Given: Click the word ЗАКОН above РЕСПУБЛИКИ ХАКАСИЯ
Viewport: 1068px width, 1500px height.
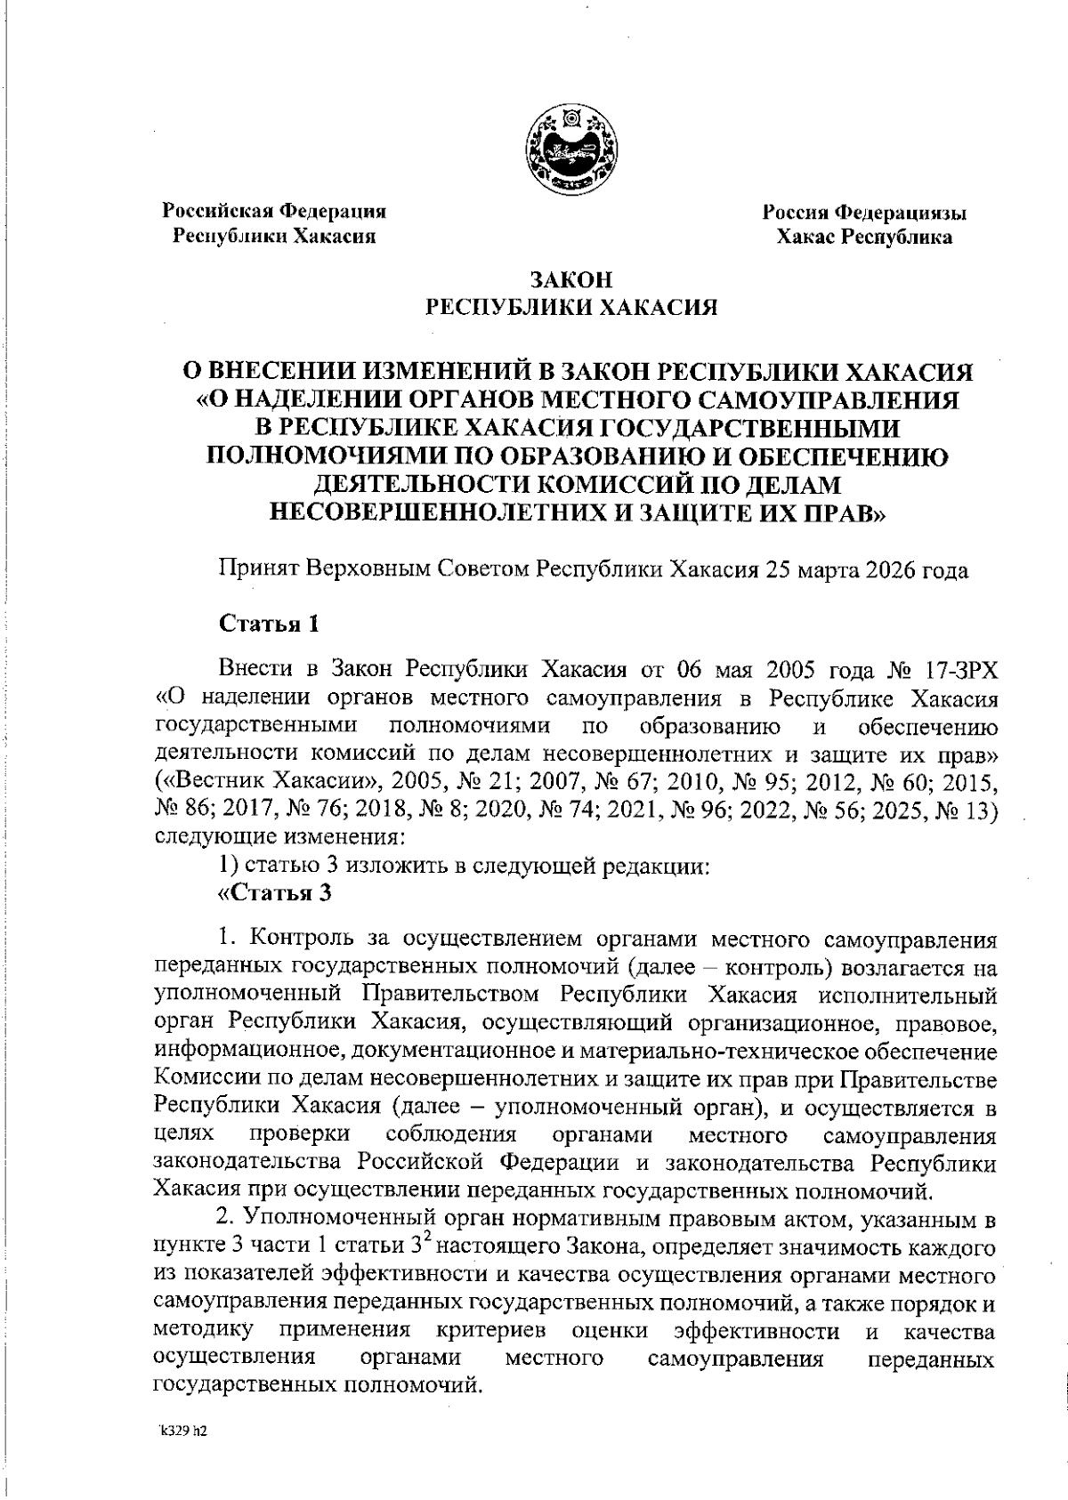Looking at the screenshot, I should (571, 279).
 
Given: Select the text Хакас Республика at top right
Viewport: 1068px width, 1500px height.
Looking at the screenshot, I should (864, 237).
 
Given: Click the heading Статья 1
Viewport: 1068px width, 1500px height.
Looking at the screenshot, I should (269, 623).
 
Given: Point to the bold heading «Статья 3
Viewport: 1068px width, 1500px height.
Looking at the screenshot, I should (275, 892).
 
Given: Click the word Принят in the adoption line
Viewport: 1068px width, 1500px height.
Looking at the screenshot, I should (258, 569).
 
